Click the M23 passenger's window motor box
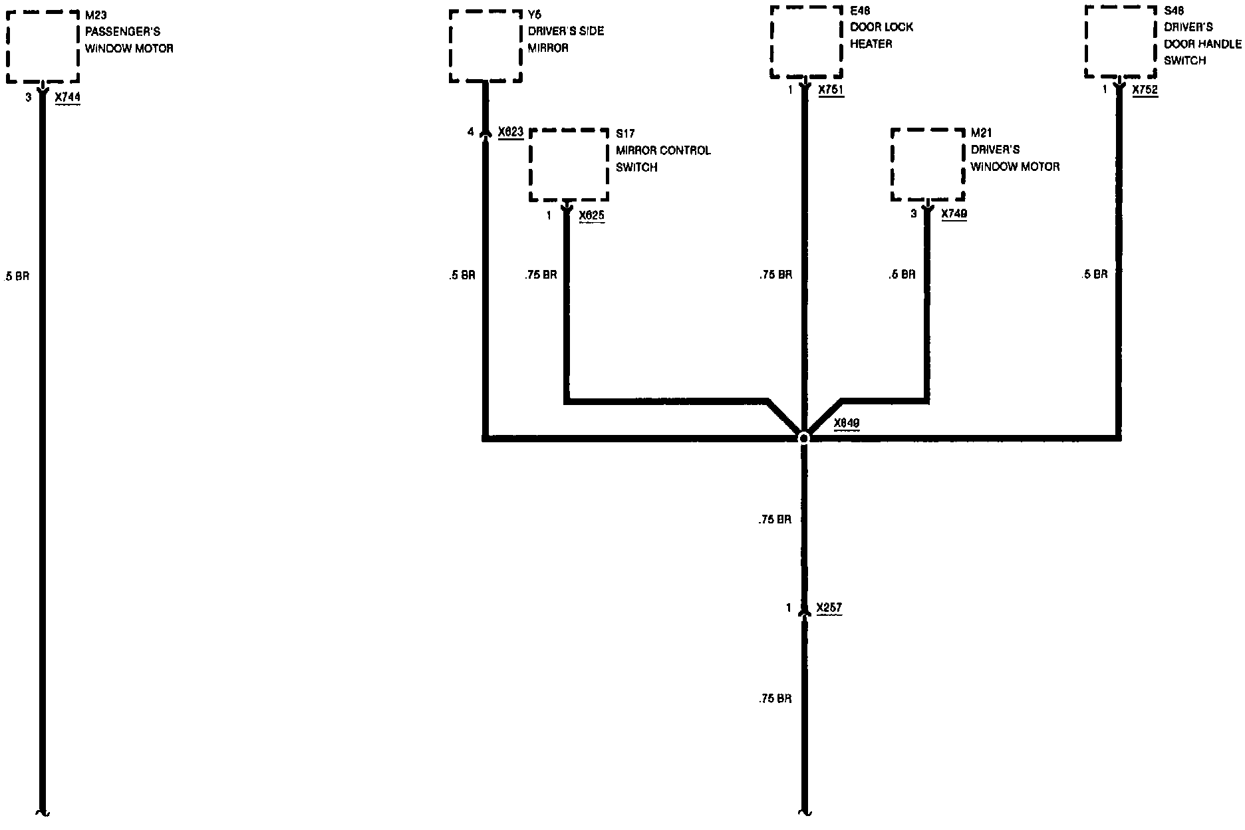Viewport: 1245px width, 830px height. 43,47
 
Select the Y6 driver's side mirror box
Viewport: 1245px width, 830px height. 485,46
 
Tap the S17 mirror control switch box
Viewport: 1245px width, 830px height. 569,164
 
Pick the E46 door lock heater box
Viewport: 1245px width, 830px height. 806,43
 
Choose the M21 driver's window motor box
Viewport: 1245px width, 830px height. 928,164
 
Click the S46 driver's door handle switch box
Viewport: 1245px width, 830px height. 1121,43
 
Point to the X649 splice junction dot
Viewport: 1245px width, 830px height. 803,438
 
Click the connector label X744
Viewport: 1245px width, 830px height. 67,98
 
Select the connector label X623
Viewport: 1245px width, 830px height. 511,132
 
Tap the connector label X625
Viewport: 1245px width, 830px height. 592,215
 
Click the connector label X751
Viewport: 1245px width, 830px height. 831,90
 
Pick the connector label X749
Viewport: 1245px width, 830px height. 954,213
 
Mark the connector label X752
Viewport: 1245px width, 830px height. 1145,90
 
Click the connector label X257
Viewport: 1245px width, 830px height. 829,608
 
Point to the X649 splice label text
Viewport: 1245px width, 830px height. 847,423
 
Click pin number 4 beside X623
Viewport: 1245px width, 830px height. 471,132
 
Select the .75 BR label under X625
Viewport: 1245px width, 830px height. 540,275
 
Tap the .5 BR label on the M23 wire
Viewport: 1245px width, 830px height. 17,277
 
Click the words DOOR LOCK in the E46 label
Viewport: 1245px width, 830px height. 881,27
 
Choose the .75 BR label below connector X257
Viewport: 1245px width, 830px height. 775,699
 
